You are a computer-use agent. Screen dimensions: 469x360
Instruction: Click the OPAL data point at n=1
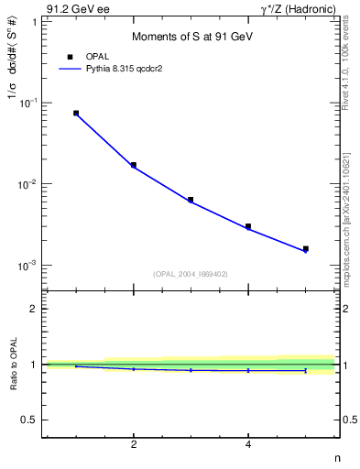click(x=76, y=114)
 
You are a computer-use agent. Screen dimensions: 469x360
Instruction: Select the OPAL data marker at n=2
click(x=134, y=165)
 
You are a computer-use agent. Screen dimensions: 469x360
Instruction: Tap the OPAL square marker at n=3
click(x=191, y=200)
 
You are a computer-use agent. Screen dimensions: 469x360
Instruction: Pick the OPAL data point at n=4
click(x=248, y=226)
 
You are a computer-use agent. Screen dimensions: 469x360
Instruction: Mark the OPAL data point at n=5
click(x=306, y=248)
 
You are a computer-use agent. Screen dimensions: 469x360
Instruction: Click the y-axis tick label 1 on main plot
click(x=34, y=22)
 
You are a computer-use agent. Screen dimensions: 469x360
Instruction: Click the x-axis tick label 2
click(x=134, y=445)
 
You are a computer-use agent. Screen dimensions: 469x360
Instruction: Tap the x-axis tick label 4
click(x=248, y=445)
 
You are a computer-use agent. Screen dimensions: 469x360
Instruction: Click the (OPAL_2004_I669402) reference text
click(x=191, y=273)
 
